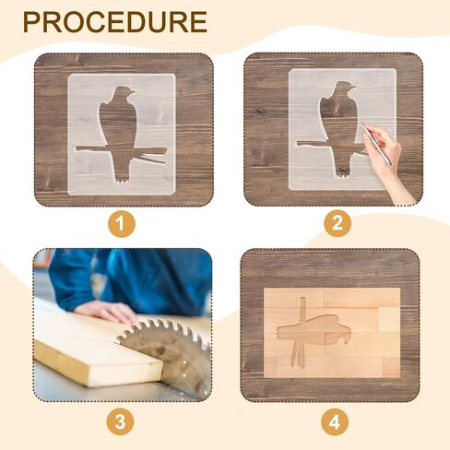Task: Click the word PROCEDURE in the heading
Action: [115, 22]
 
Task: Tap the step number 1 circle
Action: [120, 223]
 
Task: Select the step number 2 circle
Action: [337, 223]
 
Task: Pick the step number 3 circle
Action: [120, 421]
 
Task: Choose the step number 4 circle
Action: [337, 421]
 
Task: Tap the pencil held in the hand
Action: [376, 144]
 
